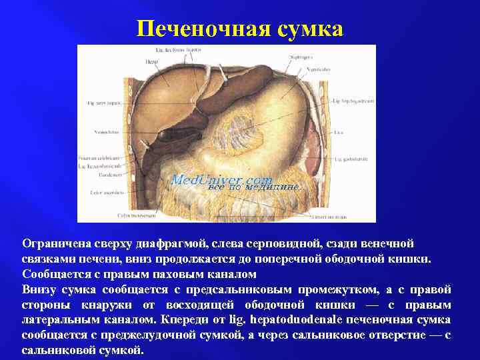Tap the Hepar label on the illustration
pos(151,61)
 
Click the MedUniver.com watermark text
pos(221,180)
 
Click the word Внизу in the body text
pos(39,289)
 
